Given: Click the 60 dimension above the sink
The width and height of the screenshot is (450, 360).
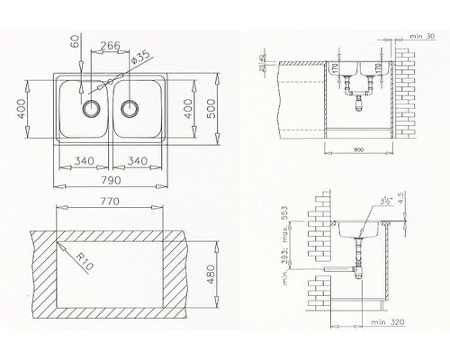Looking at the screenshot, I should click(x=75, y=41).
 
